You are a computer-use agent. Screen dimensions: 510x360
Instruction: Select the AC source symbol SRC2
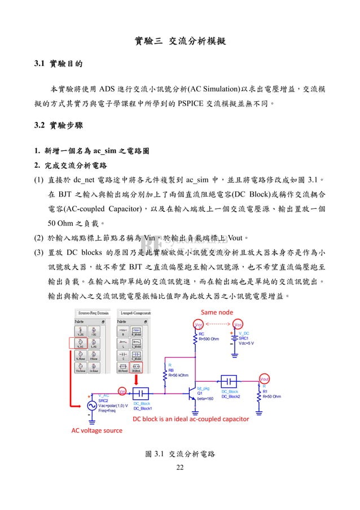[x=91, y=405]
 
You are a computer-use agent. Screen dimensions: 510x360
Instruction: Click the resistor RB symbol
[x=164, y=381]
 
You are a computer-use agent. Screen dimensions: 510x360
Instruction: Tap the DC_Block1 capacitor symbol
[x=141, y=393]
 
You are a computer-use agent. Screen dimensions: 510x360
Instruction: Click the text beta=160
[x=205, y=399]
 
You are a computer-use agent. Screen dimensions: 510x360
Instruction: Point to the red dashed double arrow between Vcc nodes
[x=218, y=324]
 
